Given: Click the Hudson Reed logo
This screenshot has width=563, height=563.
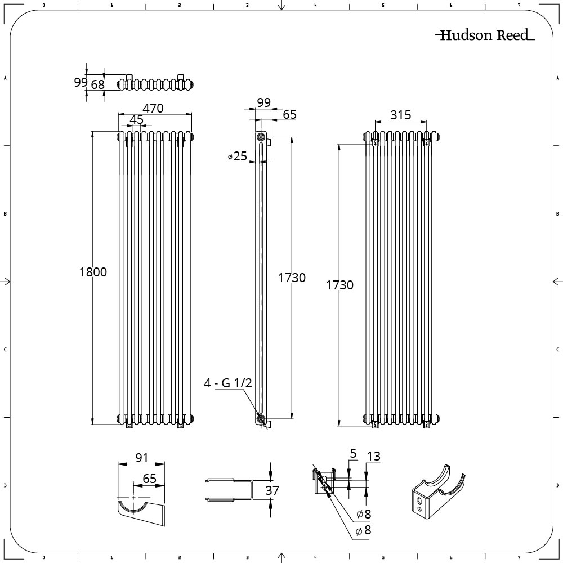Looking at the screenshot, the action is pyautogui.click(x=485, y=35).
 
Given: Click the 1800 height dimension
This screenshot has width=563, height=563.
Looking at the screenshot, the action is pyautogui.click(x=93, y=272).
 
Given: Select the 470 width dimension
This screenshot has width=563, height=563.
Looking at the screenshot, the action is pyautogui.click(x=153, y=108).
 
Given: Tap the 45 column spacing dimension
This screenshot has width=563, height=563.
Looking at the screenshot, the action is pyautogui.click(x=136, y=119).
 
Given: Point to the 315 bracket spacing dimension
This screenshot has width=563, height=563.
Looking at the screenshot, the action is pyautogui.click(x=400, y=115).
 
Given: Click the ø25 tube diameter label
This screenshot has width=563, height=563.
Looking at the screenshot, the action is pyautogui.click(x=238, y=156).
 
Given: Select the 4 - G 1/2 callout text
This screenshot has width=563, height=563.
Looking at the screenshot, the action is pyautogui.click(x=228, y=383).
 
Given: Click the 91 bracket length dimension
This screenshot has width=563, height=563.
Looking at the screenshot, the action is pyautogui.click(x=142, y=458).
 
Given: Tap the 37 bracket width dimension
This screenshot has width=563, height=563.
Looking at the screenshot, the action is pyautogui.click(x=272, y=490).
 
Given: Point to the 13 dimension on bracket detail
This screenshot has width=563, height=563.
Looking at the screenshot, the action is pyautogui.click(x=373, y=457).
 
